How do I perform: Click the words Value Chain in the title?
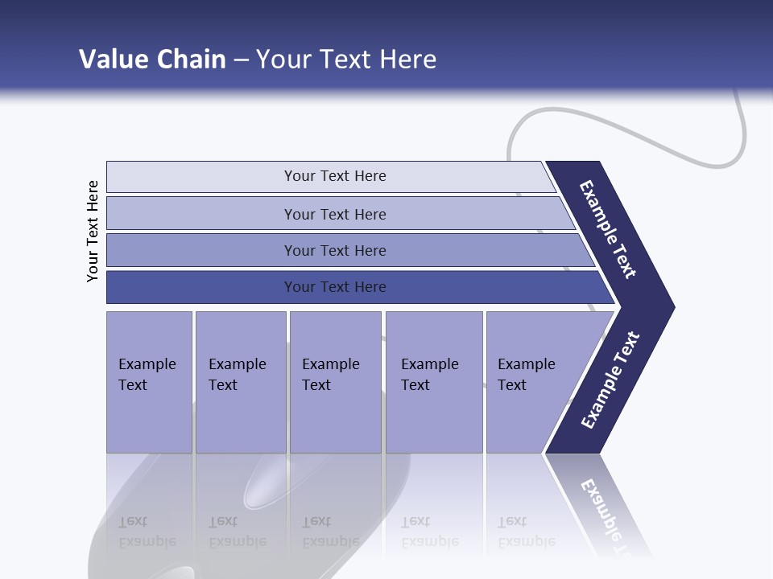[x=152, y=60]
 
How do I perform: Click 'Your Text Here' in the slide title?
[x=346, y=60]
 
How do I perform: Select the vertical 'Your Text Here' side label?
[x=93, y=231]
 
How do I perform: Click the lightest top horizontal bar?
[x=334, y=176]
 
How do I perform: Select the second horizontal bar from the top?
[x=334, y=214]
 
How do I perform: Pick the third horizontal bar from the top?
[x=334, y=250]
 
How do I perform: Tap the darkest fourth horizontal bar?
[x=334, y=287]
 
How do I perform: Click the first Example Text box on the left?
[x=149, y=382]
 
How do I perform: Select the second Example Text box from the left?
[x=240, y=382]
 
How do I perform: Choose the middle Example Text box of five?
[x=335, y=382]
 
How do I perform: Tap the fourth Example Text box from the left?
[x=433, y=382]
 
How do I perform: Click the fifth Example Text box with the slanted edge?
[x=531, y=382]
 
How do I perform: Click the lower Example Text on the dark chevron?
[x=610, y=380]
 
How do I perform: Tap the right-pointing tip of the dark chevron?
[x=668, y=307]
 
